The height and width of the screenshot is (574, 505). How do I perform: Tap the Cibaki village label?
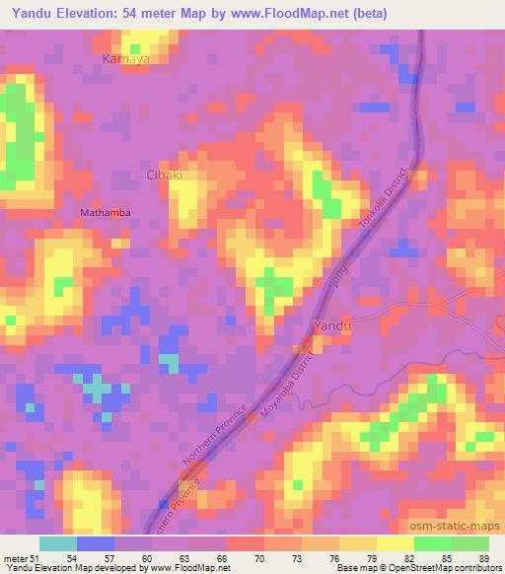click(x=165, y=176)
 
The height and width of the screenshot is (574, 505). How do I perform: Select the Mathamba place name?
click(x=105, y=212)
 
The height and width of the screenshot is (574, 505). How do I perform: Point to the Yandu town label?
click(x=330, y=324)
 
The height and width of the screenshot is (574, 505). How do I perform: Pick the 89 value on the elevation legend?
click(x=484, y=557)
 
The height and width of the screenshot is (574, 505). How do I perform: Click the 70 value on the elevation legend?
click(x=258, y=557)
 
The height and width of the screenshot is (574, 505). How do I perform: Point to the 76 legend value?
click(x=334, y=557)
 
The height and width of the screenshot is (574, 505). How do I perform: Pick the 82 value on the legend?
click(x=409, y=557)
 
